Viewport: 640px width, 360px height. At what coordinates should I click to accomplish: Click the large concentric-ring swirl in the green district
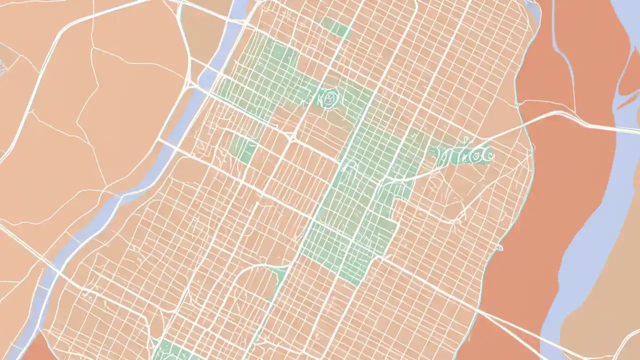tap(328, 98)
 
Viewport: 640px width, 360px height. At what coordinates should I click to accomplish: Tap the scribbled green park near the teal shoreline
tap(462, 154)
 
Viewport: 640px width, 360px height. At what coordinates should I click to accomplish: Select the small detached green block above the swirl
tap(336, 27)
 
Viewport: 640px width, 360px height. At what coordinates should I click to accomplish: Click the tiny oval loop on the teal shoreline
tap(499, 247)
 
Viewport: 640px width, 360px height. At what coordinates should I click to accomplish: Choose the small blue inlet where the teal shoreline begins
tap(533, 10)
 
